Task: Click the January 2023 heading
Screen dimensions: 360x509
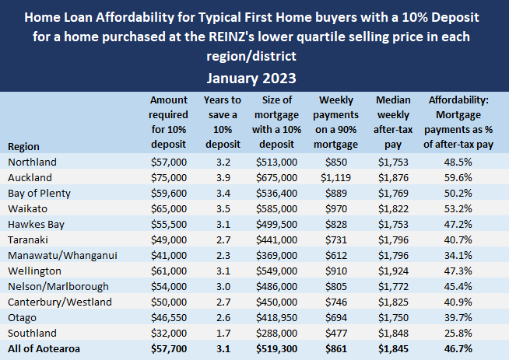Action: point(254,78)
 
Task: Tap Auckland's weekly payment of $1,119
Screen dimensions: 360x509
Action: point(338,177)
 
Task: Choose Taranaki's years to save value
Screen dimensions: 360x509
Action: point(222,239)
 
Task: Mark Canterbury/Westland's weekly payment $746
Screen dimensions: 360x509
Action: point(338,301)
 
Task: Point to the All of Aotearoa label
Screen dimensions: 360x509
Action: point(45,348)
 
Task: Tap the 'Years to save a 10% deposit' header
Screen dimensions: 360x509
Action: point(222,122)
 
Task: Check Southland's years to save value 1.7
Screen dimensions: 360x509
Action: point(222,332)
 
